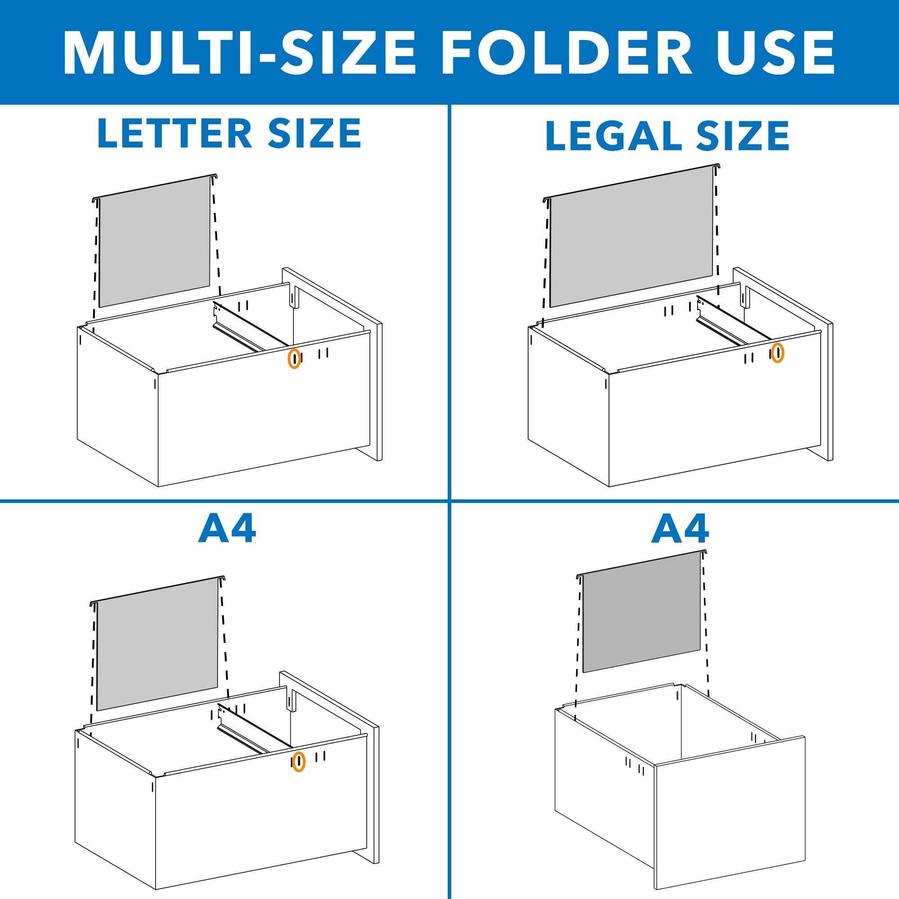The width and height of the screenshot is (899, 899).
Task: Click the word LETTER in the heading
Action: [174, 134]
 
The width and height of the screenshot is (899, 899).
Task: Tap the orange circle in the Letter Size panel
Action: [294, 358]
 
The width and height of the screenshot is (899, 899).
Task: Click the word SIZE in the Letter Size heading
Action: [315, 134]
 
